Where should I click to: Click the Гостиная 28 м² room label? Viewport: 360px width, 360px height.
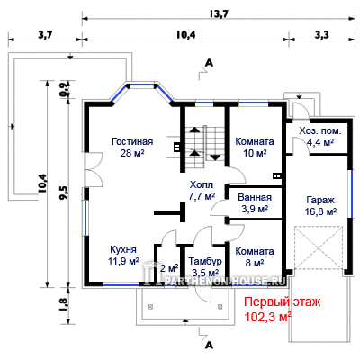click(132, 147)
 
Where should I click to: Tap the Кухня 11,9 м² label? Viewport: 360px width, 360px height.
click(123, 255)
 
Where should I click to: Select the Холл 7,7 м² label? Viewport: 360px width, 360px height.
click(202, 190)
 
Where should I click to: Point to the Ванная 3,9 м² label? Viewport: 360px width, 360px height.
click(255, 203)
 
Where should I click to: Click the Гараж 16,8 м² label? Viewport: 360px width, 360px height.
click(320, 206)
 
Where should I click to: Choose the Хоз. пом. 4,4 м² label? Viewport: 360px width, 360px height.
click(320, 137)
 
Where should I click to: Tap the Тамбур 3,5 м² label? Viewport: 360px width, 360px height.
click(205, 266)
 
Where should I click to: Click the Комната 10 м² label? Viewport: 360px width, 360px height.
click(255, 147)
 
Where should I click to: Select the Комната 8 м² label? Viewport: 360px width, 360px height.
click(255, 256)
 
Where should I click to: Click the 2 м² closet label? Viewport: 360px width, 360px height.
click(169, 268)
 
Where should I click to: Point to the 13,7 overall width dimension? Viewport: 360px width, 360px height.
click(219, 13)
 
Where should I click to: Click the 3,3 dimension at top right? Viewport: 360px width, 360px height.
click(321, 35)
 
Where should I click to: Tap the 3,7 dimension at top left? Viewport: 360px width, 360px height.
click(45, 35)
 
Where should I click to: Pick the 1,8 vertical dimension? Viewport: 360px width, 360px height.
click(65, 304)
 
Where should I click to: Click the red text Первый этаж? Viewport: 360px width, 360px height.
click(282, 301)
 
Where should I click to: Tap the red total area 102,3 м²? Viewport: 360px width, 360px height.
click(268, 317)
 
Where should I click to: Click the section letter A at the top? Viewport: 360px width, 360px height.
click(209, 63)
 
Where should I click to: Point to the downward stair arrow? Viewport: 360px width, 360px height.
click(215, 157)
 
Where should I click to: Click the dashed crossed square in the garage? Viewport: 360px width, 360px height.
click(319, 248)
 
